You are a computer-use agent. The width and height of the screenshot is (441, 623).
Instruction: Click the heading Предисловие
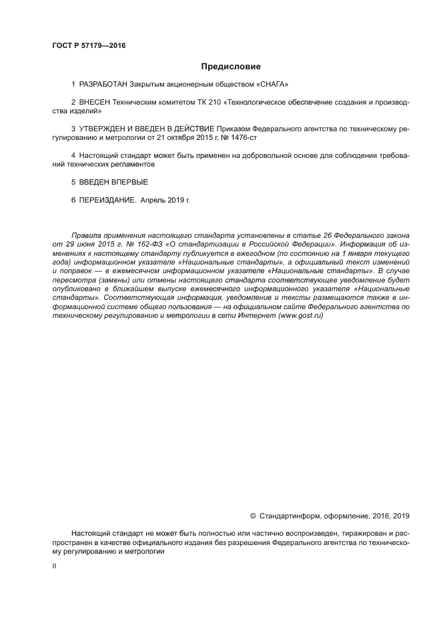tap(231, 67)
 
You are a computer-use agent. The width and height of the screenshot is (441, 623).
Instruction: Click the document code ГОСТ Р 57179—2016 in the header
tap(89, 45)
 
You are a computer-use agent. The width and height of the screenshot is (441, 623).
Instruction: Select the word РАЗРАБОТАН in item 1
tap(104, 85)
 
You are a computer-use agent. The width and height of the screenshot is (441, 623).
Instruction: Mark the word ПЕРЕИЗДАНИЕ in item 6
tap(107, 199)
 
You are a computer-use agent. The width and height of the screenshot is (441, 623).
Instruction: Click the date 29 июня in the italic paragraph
tap(67, 245)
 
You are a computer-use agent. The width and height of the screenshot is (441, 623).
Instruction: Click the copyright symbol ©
tap(253, 516)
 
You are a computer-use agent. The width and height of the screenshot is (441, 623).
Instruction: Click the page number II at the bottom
tap(54, 566)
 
